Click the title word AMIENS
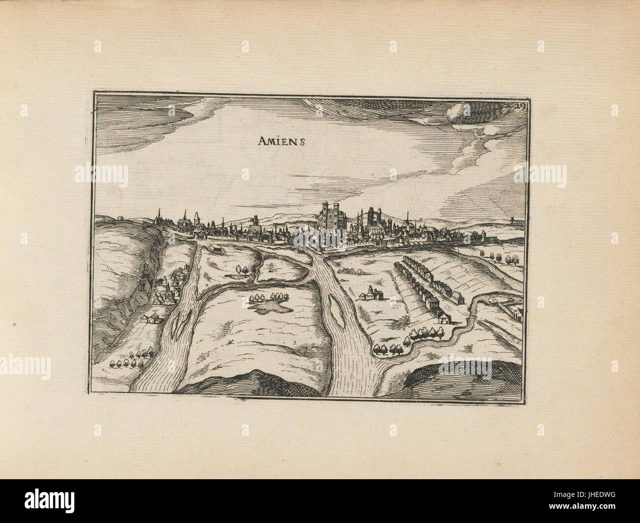(x=282, y=141)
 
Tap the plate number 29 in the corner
(x=508, y=105)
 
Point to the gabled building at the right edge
(x=517, y=312)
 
